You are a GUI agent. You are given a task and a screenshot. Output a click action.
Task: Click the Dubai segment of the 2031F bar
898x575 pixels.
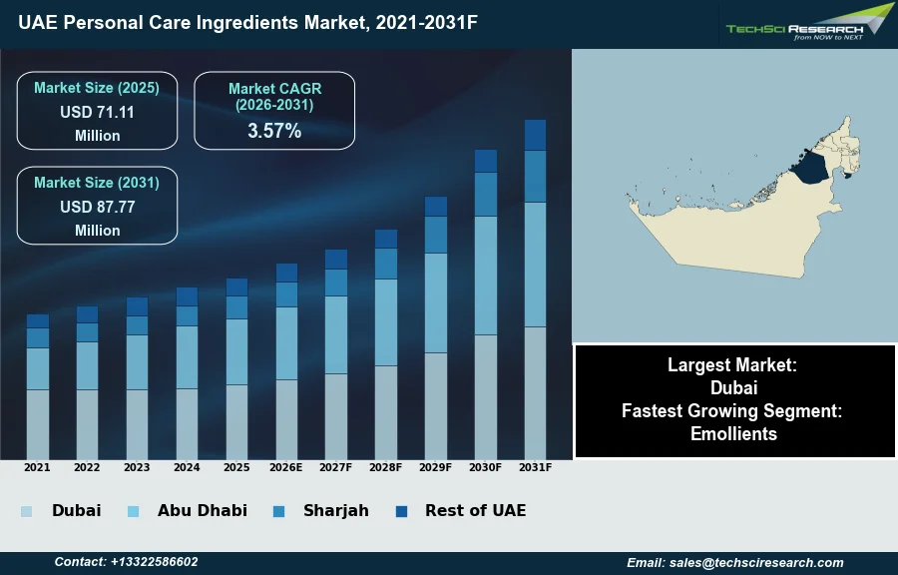(535, 392)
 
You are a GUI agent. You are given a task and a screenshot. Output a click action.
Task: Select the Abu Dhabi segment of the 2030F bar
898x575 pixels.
(486, 276)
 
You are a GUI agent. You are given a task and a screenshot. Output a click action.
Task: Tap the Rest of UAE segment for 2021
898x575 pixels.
(37, 320)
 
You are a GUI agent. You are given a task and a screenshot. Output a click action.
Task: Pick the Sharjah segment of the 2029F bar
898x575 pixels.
(436, 235)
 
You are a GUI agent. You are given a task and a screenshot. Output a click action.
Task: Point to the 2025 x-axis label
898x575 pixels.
(236, 467)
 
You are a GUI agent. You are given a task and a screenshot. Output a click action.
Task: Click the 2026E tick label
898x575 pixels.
(286, 467)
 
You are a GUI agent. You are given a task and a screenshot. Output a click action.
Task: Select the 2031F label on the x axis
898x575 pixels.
(535, 467)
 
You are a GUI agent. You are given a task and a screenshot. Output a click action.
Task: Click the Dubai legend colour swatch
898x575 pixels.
(26, 511)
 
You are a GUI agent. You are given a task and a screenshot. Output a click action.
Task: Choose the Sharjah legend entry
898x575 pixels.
(335, 510)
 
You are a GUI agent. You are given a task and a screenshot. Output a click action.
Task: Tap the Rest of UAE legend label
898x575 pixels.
(475, 510)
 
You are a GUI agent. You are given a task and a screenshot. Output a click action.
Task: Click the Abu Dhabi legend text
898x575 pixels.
(202, 510)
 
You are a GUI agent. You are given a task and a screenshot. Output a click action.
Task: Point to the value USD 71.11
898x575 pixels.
(97, 112)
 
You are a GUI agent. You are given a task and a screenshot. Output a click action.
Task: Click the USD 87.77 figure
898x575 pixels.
(97, 207)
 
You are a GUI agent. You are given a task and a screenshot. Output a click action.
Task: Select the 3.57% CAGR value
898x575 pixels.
(274, 131)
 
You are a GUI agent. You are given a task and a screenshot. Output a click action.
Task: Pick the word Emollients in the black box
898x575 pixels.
(733, 433)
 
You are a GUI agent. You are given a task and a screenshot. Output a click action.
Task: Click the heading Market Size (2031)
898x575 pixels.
(97, 183)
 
